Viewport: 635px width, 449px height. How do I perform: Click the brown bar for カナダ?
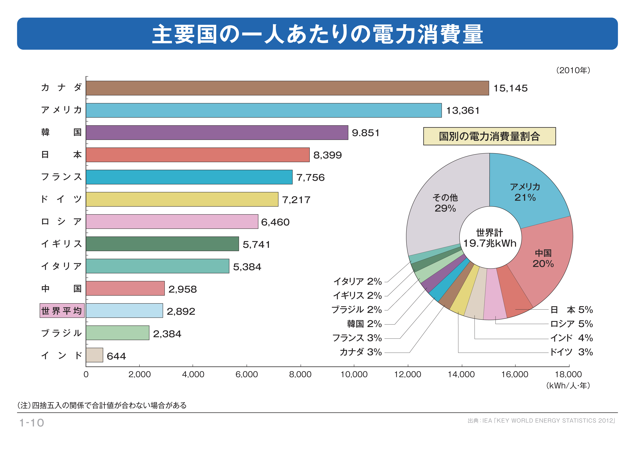click(287, 88)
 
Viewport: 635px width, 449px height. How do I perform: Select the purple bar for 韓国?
click(217, 133)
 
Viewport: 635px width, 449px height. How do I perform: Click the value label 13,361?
click(463, 111)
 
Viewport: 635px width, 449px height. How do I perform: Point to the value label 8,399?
click(327, 155)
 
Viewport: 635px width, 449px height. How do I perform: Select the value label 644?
click(116, 356)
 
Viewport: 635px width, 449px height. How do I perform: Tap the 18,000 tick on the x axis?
click(568, 374)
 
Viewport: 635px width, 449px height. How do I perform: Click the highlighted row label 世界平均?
click(62, 311)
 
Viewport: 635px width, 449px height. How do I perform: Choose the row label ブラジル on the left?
click(61, 333)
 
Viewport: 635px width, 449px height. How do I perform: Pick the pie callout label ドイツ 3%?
click(571, 352)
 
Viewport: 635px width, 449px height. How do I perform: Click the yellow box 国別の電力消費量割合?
click(489, 136)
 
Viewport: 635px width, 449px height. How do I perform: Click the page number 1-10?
click(31, 423)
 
